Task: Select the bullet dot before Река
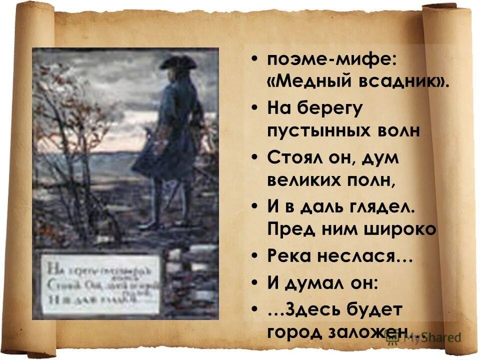[255, 255]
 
